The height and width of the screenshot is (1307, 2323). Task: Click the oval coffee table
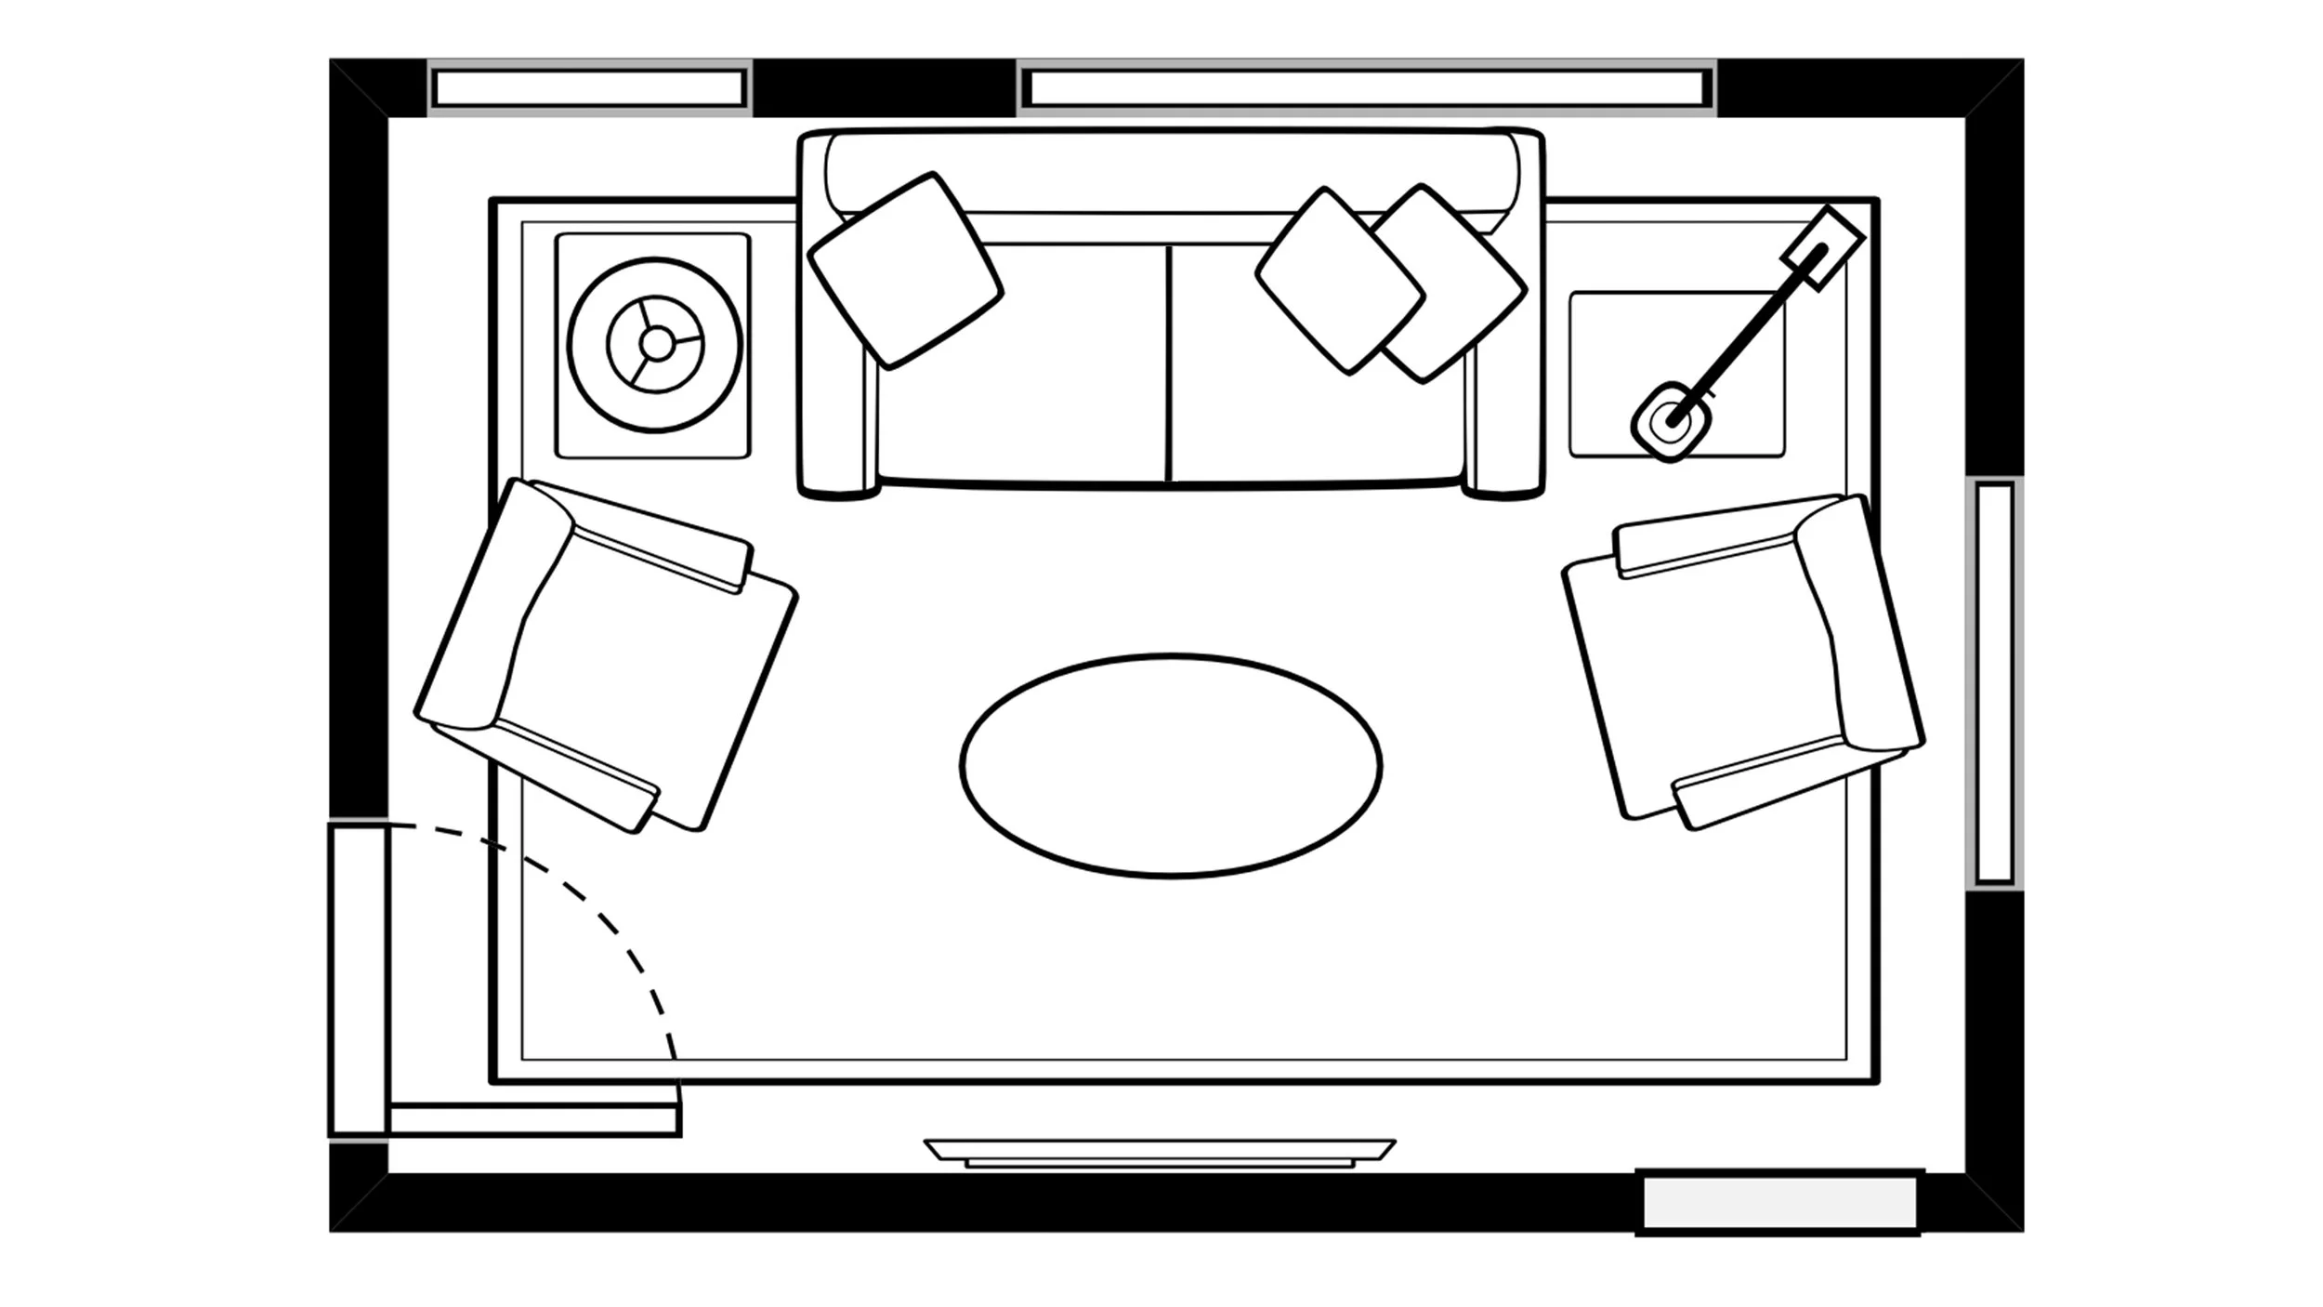coord(1171,765)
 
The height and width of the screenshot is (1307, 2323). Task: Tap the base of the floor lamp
coord(1671,421)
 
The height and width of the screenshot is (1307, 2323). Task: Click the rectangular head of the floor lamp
coord(1822,246)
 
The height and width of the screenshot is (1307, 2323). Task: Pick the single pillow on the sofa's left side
coord(905,271)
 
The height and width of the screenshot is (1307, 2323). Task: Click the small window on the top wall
coord(589,88)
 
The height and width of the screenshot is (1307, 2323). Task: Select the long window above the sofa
coord(1366,88)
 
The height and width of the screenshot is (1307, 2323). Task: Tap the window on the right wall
coord(1994,683)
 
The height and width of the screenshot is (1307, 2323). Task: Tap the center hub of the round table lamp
coord(656,344)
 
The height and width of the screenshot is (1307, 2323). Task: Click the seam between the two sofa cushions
coord(1168,363)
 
